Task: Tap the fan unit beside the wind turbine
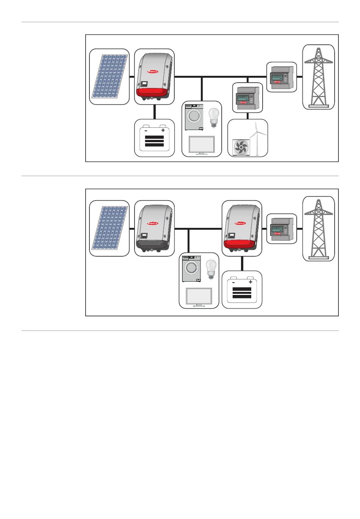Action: [x=241, y=147]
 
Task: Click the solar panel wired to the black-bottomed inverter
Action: [x=109, y=228]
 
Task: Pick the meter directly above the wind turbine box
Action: [x=247, y=98]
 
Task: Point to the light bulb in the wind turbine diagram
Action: [x=214, y=116]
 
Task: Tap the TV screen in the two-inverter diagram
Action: [x=199, y=297]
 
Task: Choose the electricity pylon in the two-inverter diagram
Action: [x=318, y=228]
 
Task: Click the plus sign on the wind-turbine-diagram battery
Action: [x=163, y=130]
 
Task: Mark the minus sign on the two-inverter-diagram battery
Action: [x=233, y=282]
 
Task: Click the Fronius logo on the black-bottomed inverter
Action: [x=153, y=224]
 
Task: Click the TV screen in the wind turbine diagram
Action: [x=202, y=145]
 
